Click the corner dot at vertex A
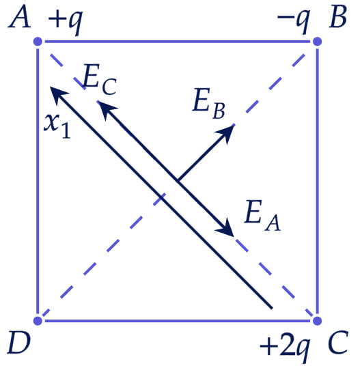click(38, 42)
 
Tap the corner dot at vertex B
click(317, 42)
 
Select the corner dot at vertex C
click(317, 321)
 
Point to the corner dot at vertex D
click(38, 321)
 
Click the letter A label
click(19, 18)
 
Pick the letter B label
click(338, 18)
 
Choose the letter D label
click(19, 343)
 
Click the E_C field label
click(100, 80)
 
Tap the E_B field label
click(208, 103)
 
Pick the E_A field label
click(262, 215)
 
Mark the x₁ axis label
click(57, 126)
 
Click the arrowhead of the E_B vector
click(226, 133)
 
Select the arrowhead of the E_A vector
click(226, 229)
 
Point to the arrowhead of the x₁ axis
click(58, 94)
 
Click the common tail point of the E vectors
click(178, 181)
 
